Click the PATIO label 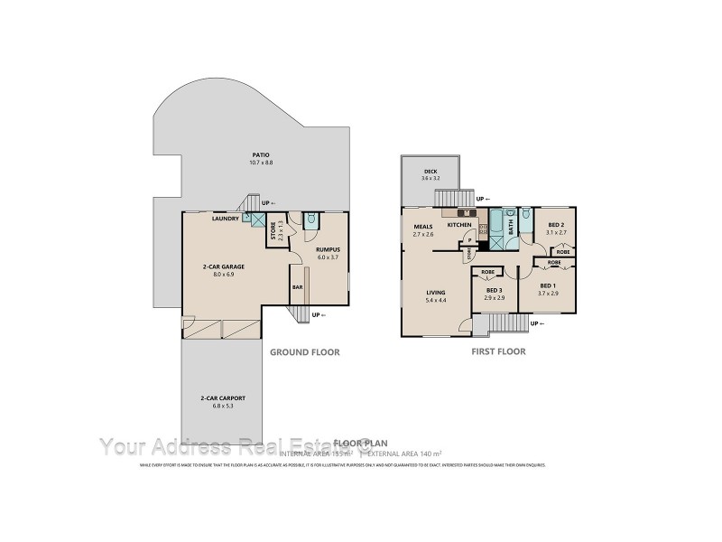pos(262,154)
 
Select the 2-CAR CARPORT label pos(223,398)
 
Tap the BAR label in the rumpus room pos(297,287)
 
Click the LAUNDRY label pos(225,218)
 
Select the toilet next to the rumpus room pos(310,218)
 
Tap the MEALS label pos(423,227)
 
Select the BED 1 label pos(549,285)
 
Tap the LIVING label pos(437,293)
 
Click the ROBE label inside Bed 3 pos(487,272)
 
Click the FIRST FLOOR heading pos(498,351)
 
